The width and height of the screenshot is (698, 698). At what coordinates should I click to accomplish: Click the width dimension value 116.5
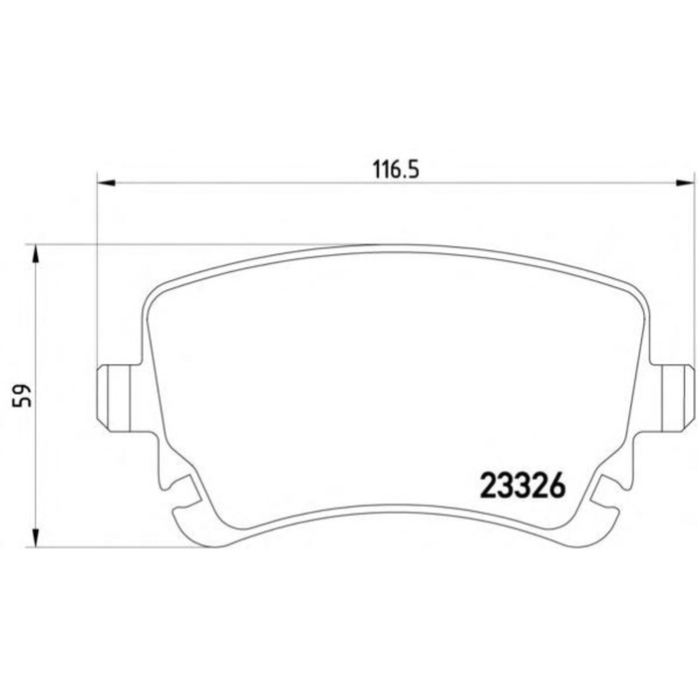396,170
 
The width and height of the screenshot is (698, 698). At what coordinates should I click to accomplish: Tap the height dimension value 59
23,395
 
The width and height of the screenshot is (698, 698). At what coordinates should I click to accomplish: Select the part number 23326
523,486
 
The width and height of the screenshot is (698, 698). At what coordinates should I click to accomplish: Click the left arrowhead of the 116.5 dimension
106,182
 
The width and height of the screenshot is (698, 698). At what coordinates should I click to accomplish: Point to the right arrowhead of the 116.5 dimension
685,182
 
